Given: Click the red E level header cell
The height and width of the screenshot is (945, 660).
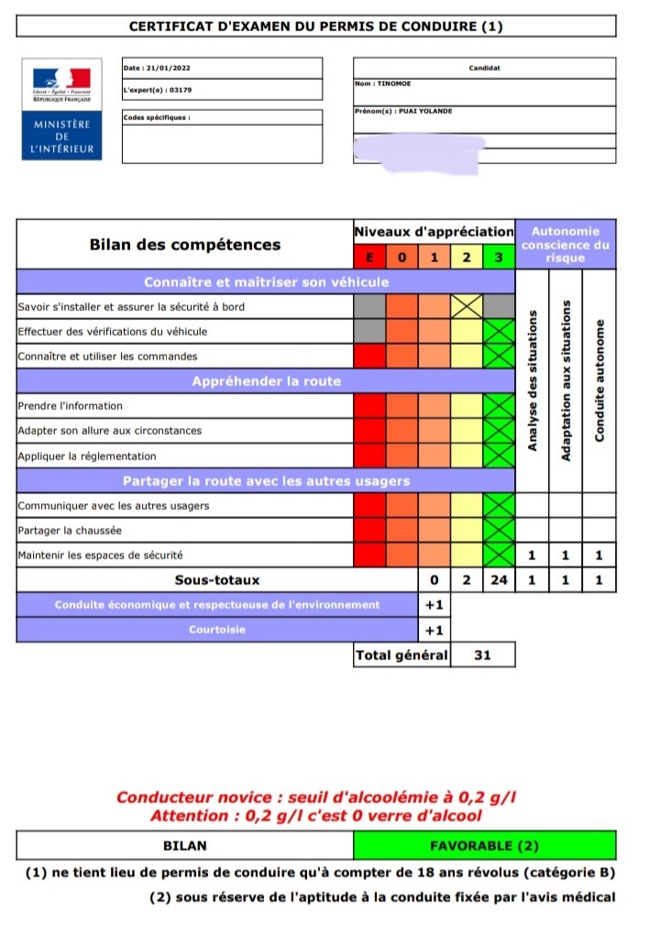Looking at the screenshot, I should click(x=370, y=258).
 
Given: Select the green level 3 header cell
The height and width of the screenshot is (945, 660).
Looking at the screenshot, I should click(x=499, y=258).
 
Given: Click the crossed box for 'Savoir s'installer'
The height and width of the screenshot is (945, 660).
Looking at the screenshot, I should click(x=467, y=306).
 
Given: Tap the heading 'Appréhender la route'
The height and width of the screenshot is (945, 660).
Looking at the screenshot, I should click(x=266, y=381).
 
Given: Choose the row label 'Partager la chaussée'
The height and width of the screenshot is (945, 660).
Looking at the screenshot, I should click(x=70, y=531).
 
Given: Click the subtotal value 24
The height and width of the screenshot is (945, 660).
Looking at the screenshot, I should click(x=499, y=580).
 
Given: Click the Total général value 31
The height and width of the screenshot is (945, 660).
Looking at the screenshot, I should click(x=482, y=654).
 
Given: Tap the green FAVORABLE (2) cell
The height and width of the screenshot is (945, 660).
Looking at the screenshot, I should click(x=484, y=846).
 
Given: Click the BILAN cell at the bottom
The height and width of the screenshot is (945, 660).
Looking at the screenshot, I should click(x=184, y=846).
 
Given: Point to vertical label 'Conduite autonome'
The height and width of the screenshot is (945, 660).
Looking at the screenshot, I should click(x=599, y=381).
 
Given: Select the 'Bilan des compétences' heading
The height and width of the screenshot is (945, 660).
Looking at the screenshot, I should click(x=185, y=245).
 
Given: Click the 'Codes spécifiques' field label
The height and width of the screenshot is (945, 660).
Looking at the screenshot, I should click(x=157, y=117).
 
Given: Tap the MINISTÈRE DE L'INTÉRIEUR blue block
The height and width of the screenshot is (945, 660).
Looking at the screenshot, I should click(x=61, y=137).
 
